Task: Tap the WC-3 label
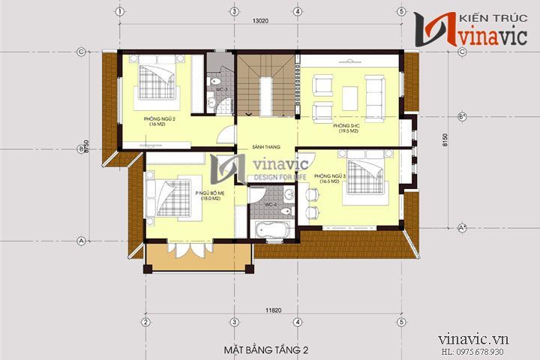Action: coord(221,89)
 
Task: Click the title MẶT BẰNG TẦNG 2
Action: coord(266,349)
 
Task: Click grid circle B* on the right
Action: coord(461,116)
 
